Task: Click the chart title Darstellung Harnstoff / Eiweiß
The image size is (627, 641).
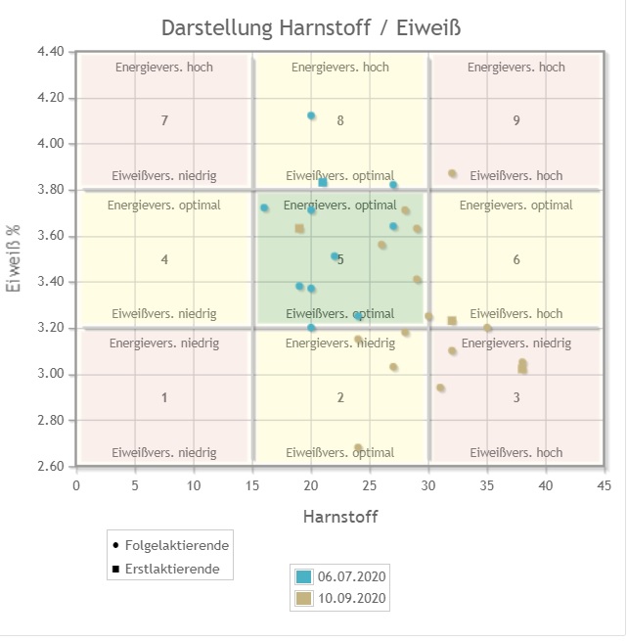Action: coord(310,26)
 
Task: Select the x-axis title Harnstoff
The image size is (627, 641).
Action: coord(339,516)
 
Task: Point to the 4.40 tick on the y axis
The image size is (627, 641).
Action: coord(50,52)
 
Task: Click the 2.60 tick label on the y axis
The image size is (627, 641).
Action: coord(50,467)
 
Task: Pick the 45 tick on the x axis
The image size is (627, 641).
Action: coord(604,485)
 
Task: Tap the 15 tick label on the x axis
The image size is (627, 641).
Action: coord(252,485)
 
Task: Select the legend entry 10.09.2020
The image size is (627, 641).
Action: coord(353,598)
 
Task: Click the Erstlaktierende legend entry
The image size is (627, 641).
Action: coord(172,569)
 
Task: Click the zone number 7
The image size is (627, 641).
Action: coord(164,120)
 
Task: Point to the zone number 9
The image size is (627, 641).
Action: coord(516,120)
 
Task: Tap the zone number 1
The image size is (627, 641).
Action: coord(164,397)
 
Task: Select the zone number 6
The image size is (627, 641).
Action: coord(516,259)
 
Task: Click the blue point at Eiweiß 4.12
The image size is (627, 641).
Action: coord(311,115)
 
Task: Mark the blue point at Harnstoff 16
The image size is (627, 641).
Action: coord(264,208)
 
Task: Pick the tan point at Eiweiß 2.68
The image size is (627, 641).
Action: coord(358,448)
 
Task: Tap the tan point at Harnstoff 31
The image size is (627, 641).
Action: coord(440,389)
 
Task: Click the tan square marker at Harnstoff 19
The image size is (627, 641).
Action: coord(299,228)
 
